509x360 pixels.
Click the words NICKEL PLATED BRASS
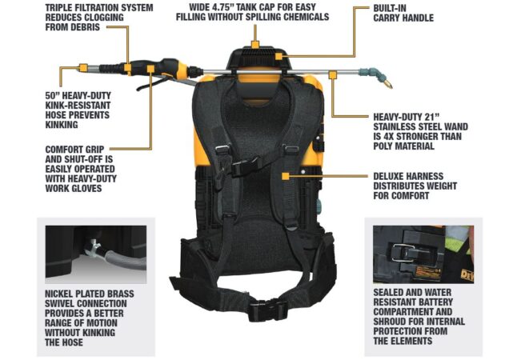pos(89,294)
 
